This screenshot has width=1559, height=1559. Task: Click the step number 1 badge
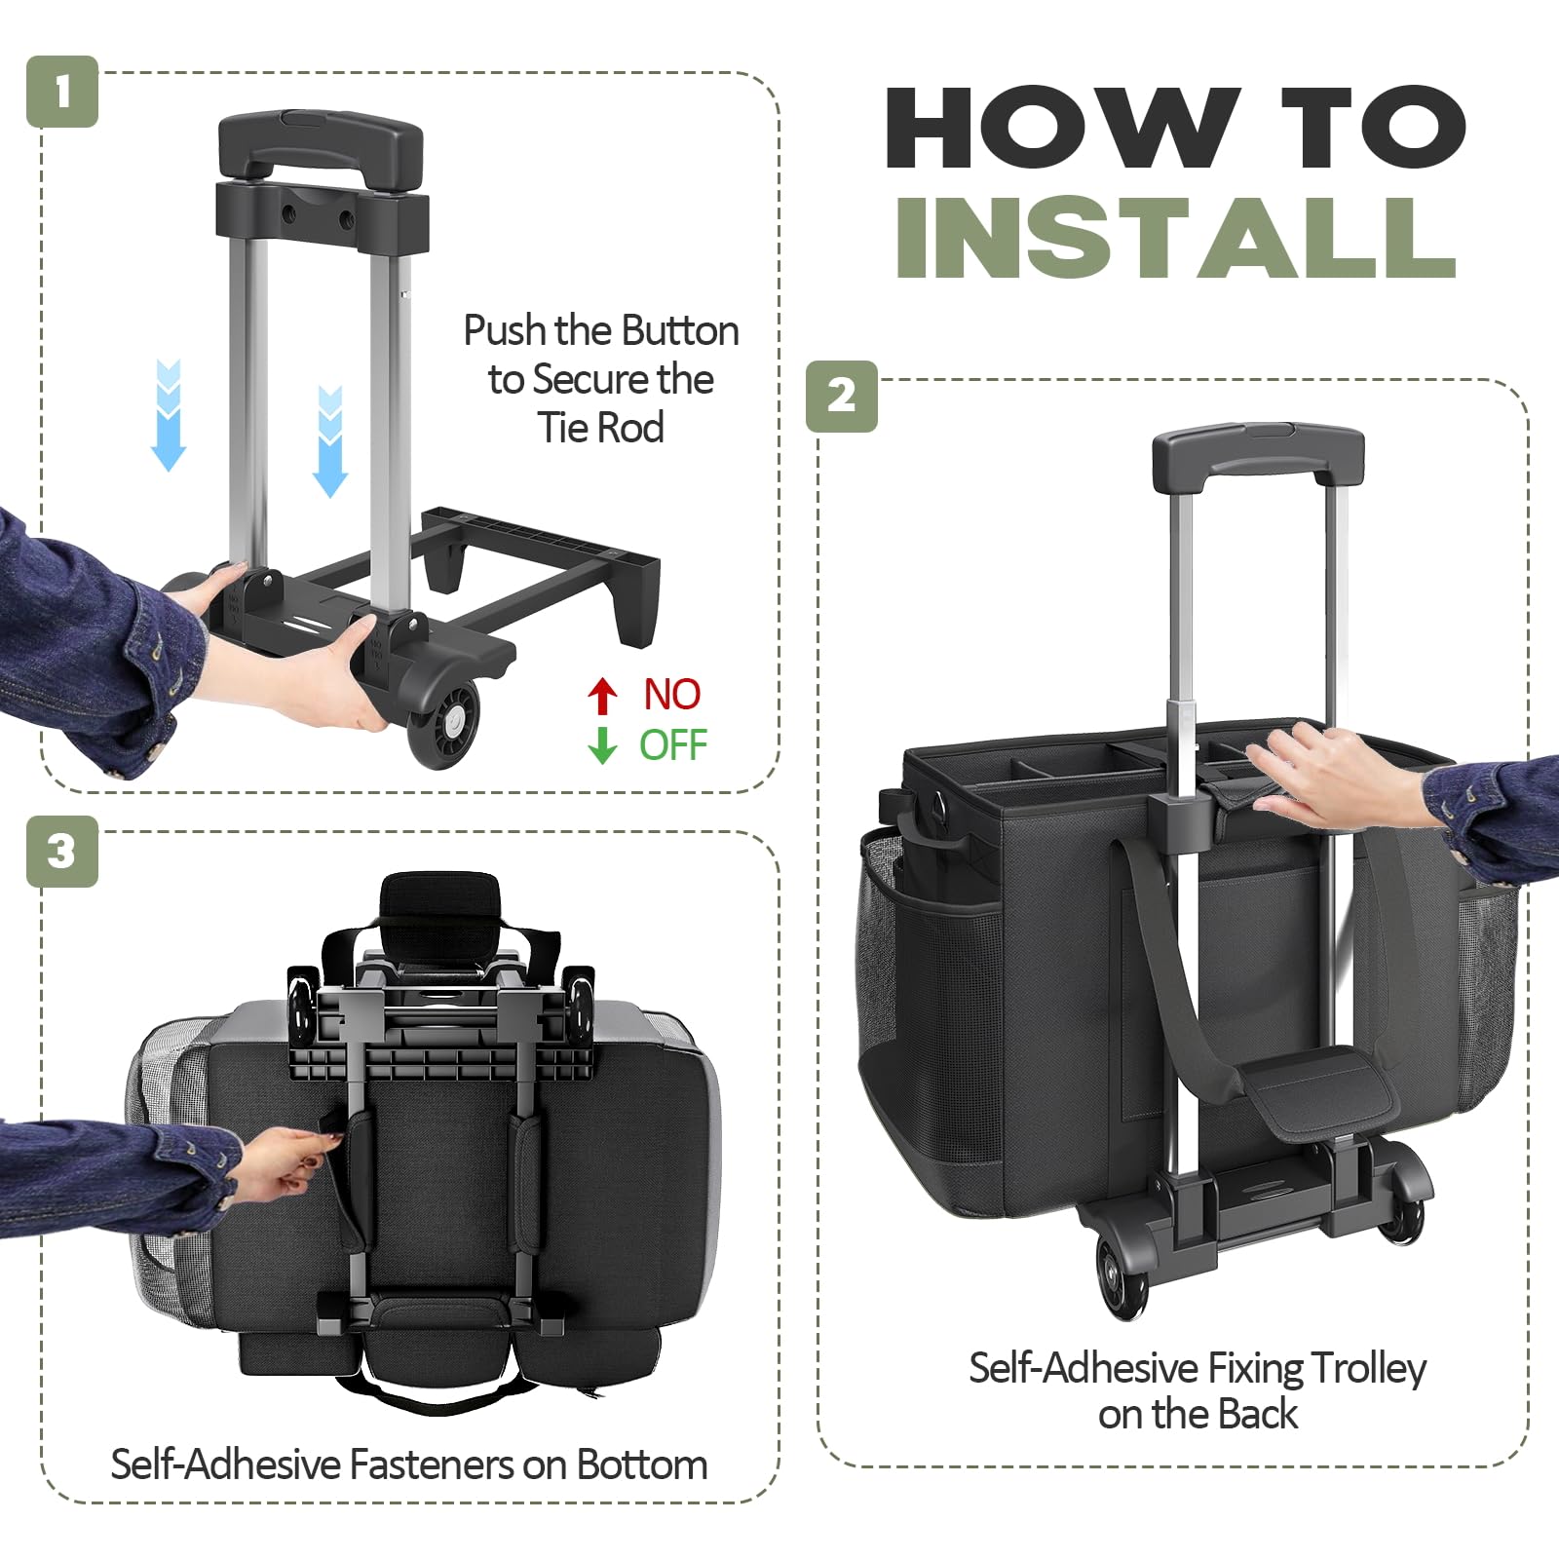[x=62, y=92]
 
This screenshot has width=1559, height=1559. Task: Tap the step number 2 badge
[x=842, y=397]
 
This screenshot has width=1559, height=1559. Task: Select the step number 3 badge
[x=62, y=852]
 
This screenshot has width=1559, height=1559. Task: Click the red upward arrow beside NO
[x=603, y=696]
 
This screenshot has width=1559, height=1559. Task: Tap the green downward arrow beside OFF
[x=603, y=745]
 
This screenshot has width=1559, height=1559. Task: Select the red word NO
[x=671, y=695]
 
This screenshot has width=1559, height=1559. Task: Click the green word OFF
[x=673, y=745]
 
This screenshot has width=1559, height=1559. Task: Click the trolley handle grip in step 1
[x=321, y=142]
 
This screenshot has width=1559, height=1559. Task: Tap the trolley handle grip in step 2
[x=1258, y=455]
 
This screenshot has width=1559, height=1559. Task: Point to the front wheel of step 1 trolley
[x=444, y=721]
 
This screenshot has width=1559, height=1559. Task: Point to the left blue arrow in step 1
[x=169, y=415]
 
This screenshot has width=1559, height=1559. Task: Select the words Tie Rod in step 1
[x=601, y=429]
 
